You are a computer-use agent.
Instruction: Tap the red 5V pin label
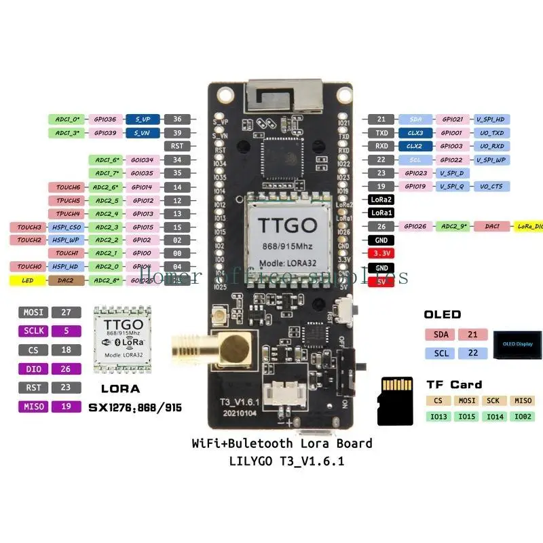(377, 280)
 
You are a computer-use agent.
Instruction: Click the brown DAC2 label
(66, 280)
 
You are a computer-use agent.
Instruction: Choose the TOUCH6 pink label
(66, 187)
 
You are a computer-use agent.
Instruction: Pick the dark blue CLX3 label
(415, 133)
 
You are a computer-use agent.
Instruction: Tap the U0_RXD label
(491, 146)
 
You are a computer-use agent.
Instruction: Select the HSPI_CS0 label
(66, 227)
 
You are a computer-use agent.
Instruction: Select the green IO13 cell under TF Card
(439, 416)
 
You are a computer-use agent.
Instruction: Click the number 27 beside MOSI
(66, 313)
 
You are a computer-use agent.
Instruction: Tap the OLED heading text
(442, 314)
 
